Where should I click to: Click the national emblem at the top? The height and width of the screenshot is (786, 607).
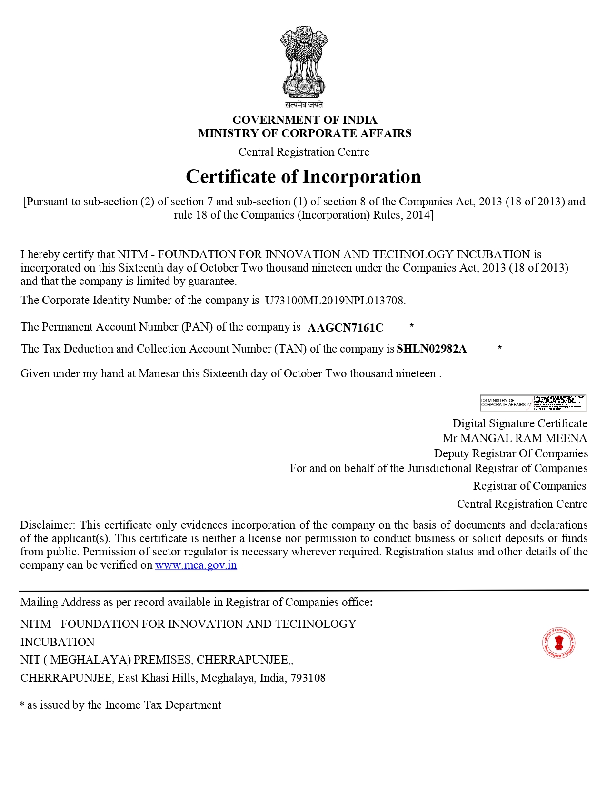(x=304, y=62)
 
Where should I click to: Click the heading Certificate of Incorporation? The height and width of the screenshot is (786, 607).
(x=303, y=177)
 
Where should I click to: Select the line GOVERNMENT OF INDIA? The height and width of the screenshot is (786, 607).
(x=304, y=120)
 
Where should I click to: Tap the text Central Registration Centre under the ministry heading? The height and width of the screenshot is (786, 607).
(x=304, y=152)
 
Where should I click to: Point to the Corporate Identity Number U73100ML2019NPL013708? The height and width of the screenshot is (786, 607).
(x=335, y=301)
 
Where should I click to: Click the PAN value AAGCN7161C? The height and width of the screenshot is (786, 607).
(x=345, y=328)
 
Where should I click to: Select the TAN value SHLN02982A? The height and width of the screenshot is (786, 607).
(x=431, y=349)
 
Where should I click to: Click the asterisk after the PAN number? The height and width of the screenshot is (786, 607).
(x=411, y=326)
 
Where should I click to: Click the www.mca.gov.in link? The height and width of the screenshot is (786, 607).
(x=196, y=565)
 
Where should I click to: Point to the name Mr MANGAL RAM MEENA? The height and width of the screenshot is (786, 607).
(x=514, y=438)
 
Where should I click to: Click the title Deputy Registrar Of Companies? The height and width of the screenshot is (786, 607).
(x=510, y=453)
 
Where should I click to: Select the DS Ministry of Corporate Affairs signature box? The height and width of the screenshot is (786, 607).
(x=533, y=403)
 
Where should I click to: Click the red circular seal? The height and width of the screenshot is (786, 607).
(x=558, y=643)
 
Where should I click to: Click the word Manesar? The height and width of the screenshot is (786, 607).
(x=158, y=373)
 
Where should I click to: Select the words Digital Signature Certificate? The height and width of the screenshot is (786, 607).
(x=519, y=423)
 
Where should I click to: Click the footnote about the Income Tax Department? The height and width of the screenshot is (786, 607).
(x=121, y=705)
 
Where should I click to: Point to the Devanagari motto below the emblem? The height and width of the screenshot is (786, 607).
(x=304, y=105)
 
